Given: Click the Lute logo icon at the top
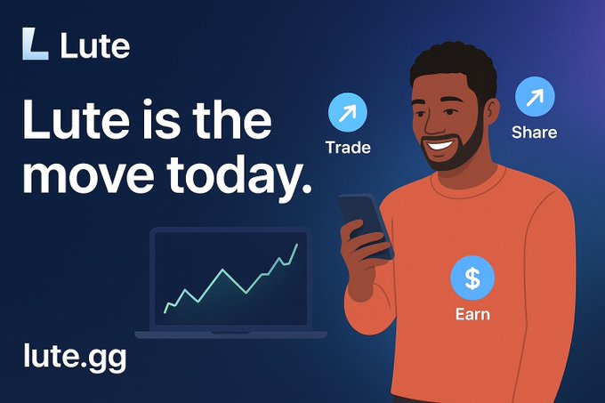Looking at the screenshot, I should coord(35,44).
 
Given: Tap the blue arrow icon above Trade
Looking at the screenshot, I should coord(347,114).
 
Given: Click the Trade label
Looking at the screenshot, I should coord(348,147).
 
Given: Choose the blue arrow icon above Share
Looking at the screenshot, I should coord(534,97).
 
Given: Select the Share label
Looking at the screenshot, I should coord(534,133).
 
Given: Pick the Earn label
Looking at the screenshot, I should coord(472,314).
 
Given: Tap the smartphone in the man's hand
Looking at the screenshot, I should coord(362,222).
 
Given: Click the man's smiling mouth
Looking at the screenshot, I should coord(440,141).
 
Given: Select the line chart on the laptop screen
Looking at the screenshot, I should coord(231,276).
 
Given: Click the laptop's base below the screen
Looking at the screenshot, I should coord(231,334).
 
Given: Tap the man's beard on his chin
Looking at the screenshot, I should coord(454,160).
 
